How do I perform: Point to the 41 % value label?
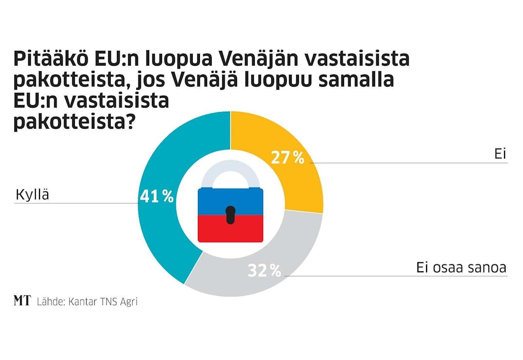tap(156, 196)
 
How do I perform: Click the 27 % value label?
tap(288, 157)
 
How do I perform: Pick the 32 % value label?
tap(265, 271)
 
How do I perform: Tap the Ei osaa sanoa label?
tap(461, 267)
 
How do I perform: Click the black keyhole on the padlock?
tap(231, 214)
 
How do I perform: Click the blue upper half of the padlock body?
tap(231, 200)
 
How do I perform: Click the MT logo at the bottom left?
tap(22, 301)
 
